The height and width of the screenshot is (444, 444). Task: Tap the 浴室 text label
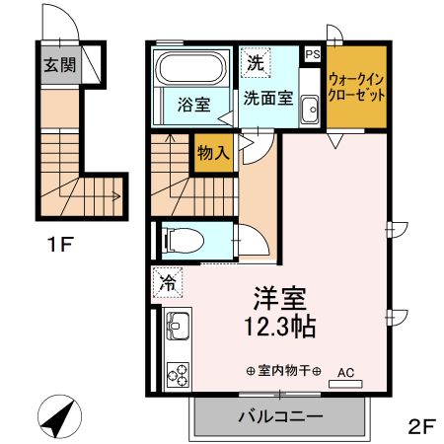pyautogui.click(x=193, y=102)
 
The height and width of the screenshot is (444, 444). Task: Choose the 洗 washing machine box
pyautogui.click(x=256, y=63)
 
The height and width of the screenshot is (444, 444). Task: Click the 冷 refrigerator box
pyautogui.click(x=168, y=284)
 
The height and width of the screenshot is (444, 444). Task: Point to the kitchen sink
pyautogui.click(x=178, y=325)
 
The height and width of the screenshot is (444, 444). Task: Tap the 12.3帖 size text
pyautogui.click(x=278, y=324)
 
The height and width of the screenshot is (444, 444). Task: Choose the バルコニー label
pyautogui.click(x=280, y=417)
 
